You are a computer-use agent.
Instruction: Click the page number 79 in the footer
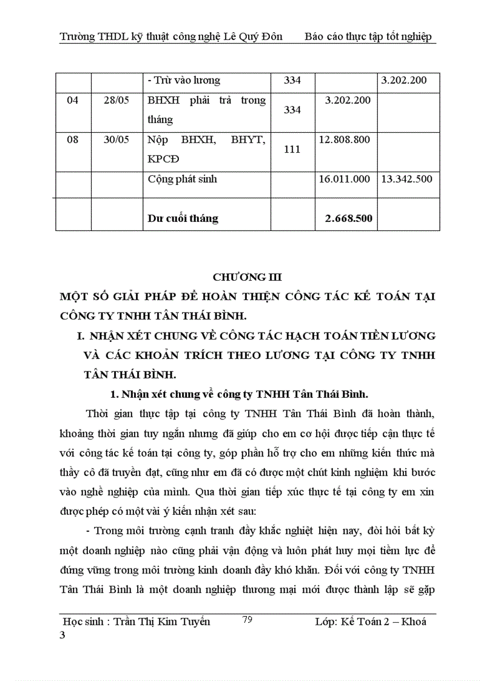click(x=247, y=619)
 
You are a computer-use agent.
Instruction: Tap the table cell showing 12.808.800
click(x=344, y=139)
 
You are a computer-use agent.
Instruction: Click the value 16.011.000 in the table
click(x=344, y=179)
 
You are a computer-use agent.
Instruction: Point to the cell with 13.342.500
click(x=407, y=179)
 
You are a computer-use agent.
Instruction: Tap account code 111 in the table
click(x=292, y=149)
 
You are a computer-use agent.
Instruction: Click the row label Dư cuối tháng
click(x=183, y=218)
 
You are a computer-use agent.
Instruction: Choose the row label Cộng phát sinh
click(x=182, y=179)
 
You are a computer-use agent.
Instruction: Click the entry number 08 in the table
click(x=73, y=139)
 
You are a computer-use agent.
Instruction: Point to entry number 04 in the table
click(x=73, y=100)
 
